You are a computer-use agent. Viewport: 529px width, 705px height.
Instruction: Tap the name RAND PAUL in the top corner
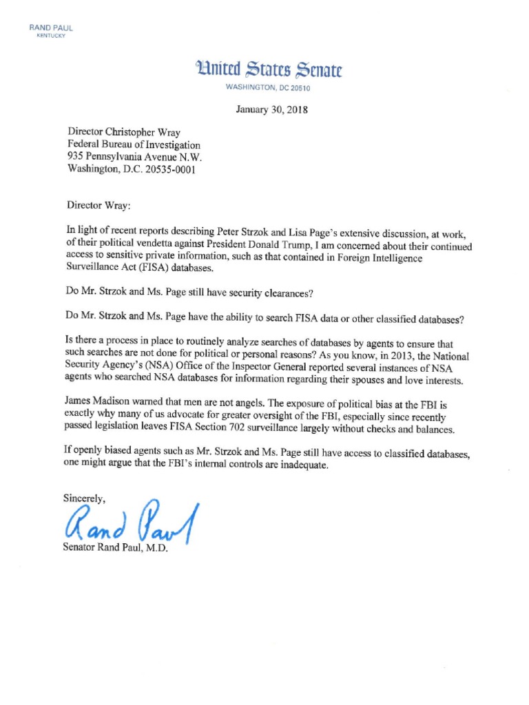[50, 28]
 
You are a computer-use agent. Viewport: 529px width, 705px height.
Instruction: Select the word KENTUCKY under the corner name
[50, 36]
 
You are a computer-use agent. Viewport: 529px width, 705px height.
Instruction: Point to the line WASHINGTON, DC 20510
[269, 88]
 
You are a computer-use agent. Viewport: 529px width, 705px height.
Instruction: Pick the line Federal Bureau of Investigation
[134, 145]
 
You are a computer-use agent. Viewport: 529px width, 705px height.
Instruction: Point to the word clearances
[287, 293]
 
